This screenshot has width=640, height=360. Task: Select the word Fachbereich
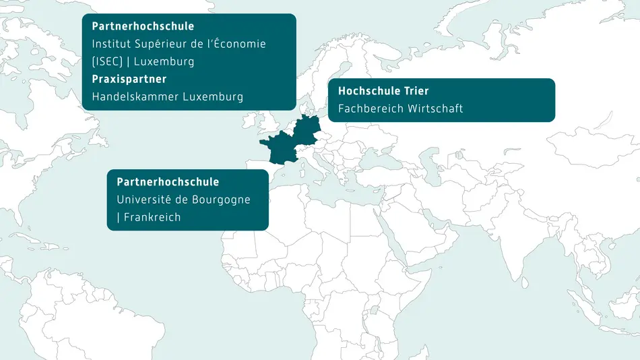370,109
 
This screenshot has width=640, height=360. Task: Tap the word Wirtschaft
435,109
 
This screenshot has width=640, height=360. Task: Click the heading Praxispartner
129,79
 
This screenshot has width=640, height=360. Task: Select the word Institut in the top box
111,44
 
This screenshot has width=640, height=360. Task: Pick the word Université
145,200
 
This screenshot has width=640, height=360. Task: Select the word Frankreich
152,218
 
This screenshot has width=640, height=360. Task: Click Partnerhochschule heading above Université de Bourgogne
168,182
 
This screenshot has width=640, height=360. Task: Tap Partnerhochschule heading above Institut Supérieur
143,26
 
